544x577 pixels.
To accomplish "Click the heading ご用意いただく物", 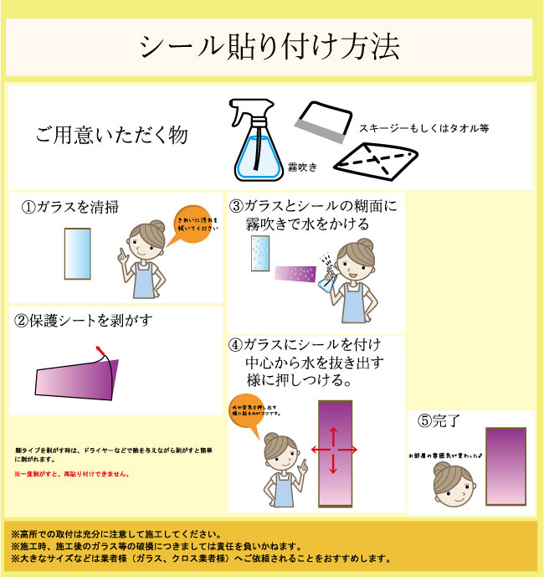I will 111,135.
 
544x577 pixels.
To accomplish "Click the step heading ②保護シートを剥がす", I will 84,321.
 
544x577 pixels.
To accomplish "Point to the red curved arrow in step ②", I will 105,353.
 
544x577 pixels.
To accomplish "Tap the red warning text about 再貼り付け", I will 72,474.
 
